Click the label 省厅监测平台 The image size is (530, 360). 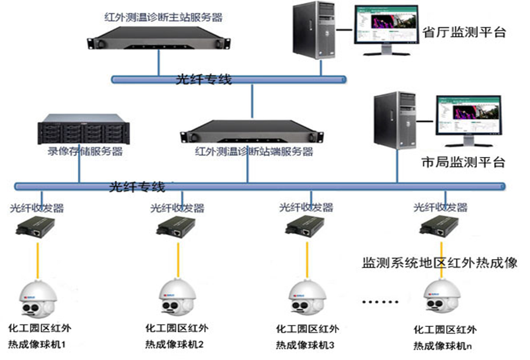click(x=464, y=32)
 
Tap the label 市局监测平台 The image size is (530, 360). click(x=463, y=162)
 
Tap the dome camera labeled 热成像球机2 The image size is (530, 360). click(x=175, y=298)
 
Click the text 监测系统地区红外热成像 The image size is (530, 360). click(x=439, y=263)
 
